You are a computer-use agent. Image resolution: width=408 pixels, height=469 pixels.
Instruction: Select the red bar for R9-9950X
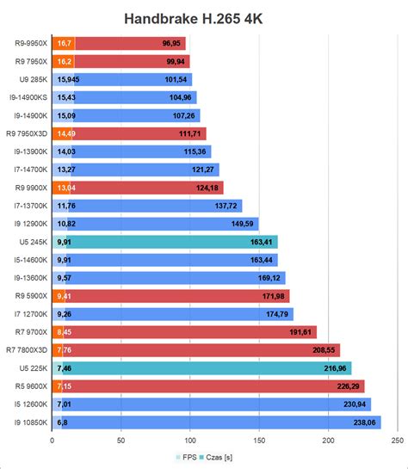pos(129,43)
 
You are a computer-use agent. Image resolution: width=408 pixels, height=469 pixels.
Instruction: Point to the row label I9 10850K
pos(27,423)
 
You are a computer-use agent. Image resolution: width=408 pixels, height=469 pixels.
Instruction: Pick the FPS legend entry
pos(183,458)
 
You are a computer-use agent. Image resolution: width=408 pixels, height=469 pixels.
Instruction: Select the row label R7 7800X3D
pos(26,350)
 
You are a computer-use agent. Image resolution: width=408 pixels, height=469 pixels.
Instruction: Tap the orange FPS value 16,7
pos(64,43)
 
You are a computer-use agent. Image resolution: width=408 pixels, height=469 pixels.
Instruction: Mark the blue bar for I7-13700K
pos(146,206)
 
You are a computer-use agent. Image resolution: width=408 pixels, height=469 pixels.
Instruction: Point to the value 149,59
pos(244,224)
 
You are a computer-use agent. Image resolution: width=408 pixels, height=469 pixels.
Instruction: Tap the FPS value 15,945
pos(69,79)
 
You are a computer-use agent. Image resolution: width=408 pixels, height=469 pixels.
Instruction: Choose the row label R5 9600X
pos(30,386)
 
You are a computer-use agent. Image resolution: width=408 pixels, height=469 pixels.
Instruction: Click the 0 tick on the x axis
pos(53,441)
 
